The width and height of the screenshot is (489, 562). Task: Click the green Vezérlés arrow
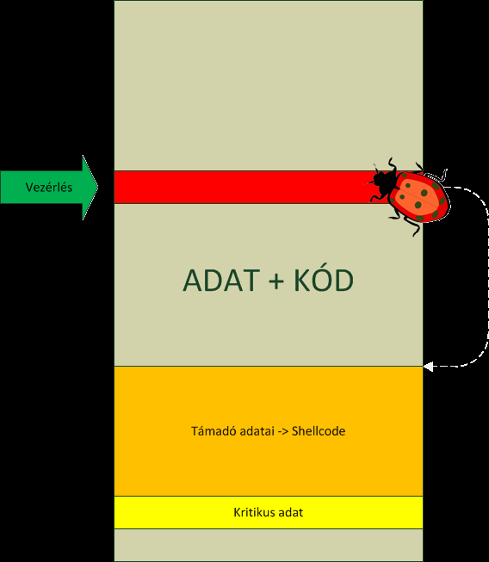(49, 188)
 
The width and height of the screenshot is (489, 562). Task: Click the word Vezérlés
(49, 188)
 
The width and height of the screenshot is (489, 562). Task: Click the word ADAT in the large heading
(221, 281)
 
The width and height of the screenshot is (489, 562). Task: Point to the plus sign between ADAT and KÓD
(276, 281)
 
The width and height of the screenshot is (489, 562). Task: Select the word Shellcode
(319, 431)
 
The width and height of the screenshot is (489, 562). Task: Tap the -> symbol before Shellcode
(283, 431)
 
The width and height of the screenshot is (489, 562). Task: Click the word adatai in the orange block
(257, 431)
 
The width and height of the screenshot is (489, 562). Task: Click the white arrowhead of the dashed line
(428, 367)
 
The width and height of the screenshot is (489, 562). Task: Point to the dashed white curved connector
(487, 276)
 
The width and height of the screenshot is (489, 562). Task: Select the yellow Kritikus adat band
(269, 513)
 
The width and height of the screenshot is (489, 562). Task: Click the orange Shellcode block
(269, 431)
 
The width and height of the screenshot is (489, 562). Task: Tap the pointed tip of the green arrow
(97, 187)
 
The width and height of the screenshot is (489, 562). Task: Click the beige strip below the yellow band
(269, 545)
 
